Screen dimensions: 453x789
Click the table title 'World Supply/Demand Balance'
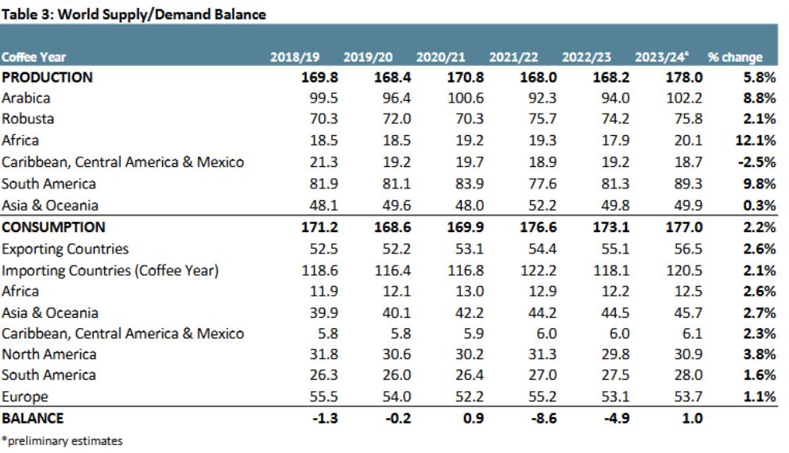pos(133,14)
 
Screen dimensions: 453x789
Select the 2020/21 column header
pos(440,57)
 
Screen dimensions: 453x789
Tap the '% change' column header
pos(736,57)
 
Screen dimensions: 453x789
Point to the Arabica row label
pos(26,99)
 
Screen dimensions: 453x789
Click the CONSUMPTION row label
pos(53,227)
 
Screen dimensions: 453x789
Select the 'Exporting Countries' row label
pos(65,249)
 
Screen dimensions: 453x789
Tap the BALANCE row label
pos(33,418)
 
